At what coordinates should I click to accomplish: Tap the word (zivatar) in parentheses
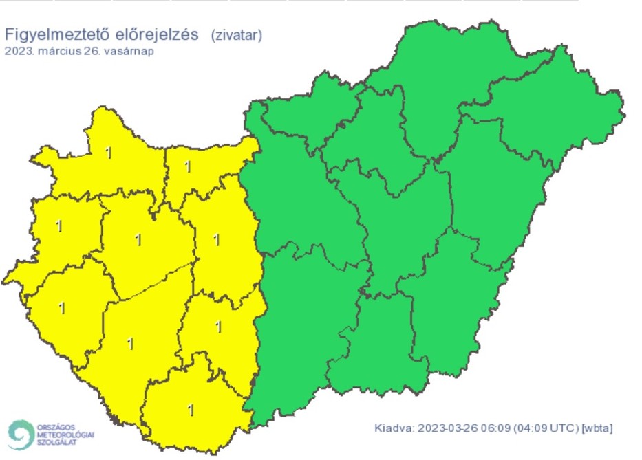pos(236,35)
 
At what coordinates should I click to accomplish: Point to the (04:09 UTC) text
pos(546,428)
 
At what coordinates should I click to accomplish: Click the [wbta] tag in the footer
pos(597,428)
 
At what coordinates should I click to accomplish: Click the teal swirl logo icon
pos(21,435)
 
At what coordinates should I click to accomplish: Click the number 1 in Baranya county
pos(191,410)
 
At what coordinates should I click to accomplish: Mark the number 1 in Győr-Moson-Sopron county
pos(109,153)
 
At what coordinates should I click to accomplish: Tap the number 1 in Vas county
pos(59,226)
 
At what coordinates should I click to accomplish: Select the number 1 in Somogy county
pos(131,343)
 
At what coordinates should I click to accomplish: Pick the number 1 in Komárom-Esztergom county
pos(187,166)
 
